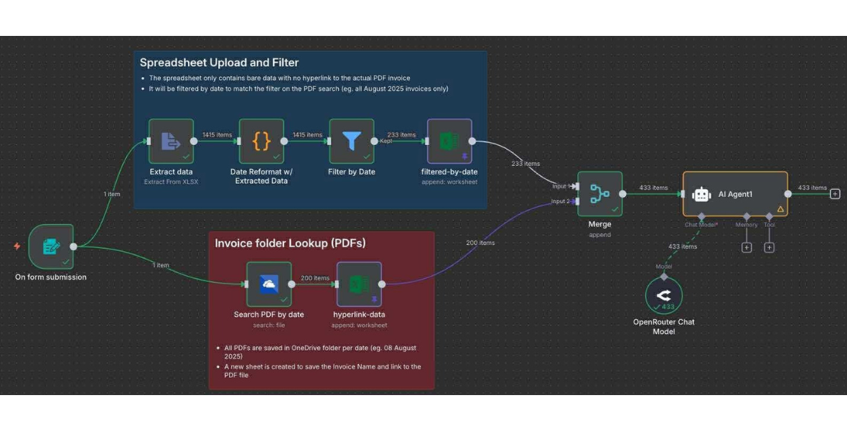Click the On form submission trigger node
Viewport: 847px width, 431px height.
point(51,246)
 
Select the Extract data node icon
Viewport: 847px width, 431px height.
point(171,142)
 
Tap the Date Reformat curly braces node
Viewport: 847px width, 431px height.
point(261,142)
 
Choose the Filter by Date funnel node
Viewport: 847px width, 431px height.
point(352,142)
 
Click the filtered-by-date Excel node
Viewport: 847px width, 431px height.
point(449,142)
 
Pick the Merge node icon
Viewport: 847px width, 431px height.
point(599,193)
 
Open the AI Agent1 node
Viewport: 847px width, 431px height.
point(734,194)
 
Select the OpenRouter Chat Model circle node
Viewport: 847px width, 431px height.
point(663,295)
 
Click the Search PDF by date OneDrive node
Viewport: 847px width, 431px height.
point(269,284)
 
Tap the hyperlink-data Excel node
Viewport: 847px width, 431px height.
point(359,284)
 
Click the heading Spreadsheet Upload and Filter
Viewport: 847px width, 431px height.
point(219,62)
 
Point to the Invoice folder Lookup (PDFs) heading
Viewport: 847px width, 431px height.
point(290,243)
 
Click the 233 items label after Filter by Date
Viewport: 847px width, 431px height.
point(401,134)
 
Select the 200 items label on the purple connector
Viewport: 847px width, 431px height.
point(480,243)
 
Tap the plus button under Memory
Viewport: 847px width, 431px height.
point(747,247)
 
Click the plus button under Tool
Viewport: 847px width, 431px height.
point(769,247)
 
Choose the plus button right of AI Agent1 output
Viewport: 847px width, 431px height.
point(835,194)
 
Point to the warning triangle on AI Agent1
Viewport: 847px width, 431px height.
point(780,209)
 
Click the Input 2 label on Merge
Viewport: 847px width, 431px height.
point(561,201)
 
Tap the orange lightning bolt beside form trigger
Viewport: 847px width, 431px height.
point(17,246)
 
